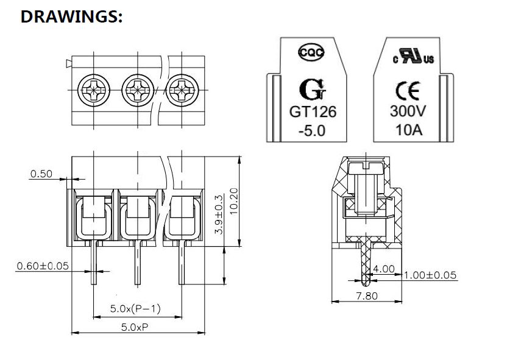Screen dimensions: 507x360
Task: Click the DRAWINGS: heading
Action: tap(71, 16)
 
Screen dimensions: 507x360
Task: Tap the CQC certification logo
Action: tap(311, 52)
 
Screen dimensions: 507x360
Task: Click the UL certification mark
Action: tap(413, 56)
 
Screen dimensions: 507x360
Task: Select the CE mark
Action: tap(408, 91)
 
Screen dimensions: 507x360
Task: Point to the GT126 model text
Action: tap(313, 112)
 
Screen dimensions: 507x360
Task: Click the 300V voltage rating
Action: tap(408, 111)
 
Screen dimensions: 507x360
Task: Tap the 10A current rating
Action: tap(409, 130)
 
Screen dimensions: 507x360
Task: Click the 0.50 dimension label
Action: tap(41, 174)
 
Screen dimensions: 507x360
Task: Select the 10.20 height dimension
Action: tap(233, 201)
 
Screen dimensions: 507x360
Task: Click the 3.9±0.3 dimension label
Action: tap(219, 214)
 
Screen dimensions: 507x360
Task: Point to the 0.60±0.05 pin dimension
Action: tap(43, 266)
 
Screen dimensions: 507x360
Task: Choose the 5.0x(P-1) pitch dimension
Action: tap(135, 309)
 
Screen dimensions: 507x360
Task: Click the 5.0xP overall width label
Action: tap(135, 327)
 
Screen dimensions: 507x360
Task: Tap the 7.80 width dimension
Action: tap(367, 295)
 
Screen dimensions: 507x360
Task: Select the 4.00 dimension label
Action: tap(384, 269)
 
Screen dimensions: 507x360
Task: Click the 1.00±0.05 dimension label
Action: tap(430, 275)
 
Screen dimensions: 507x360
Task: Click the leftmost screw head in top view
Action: tap(94, 90)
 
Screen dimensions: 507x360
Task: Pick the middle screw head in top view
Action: tap(138, 90)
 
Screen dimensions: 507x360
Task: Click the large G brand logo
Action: tap(313, 90)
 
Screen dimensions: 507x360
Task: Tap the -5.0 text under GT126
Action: tap(312, 130)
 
